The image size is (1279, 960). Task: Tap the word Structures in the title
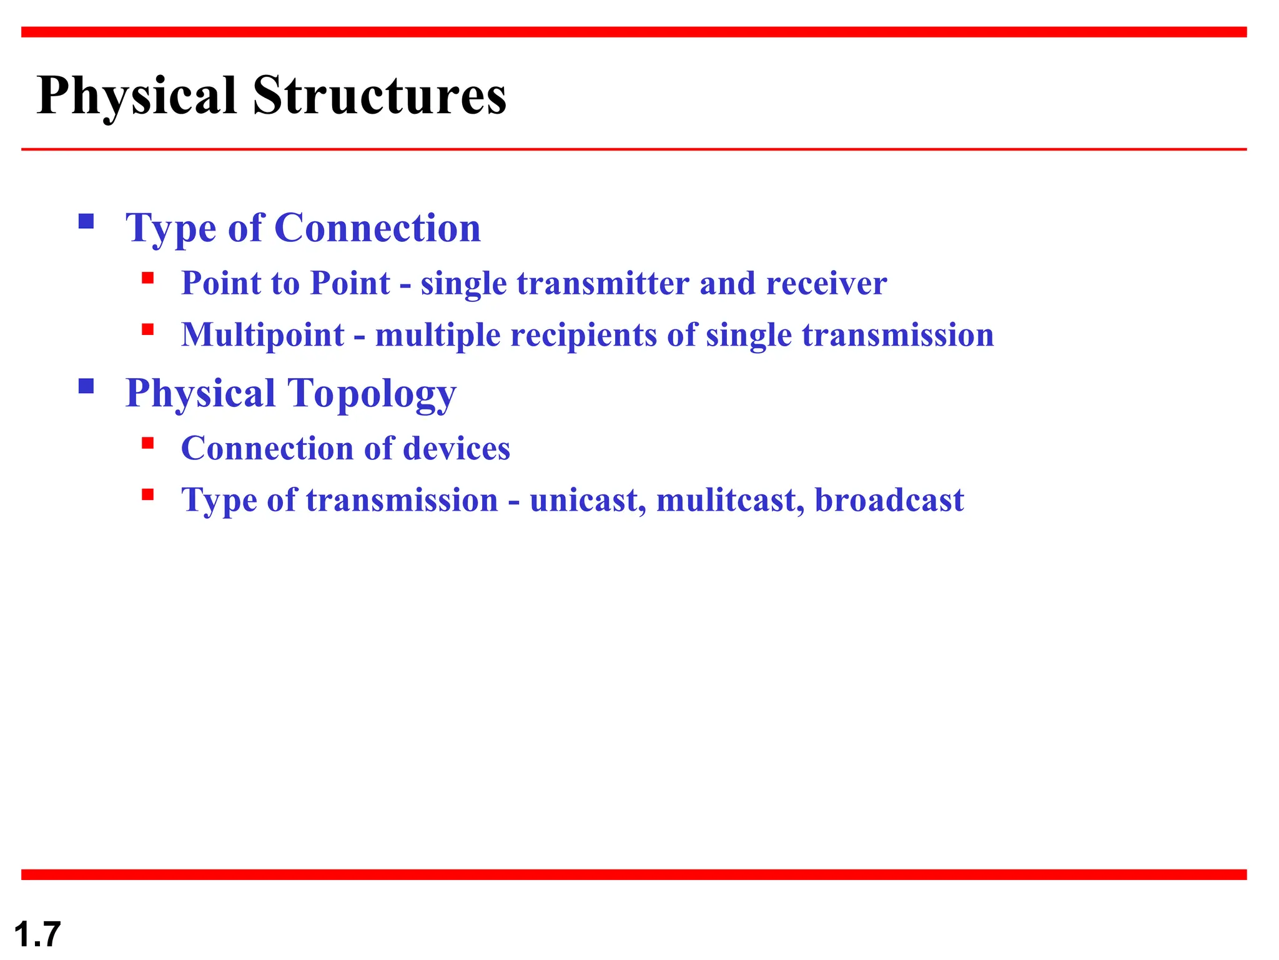click(x=379, y=96)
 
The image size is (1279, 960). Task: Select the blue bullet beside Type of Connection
click(x=86, y=221)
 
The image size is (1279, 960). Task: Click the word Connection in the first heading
click(x=377, y=227)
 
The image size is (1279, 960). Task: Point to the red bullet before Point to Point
click(x=148, y=277)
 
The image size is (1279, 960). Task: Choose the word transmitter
click(x=603, y=283)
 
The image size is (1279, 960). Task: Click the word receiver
click(x=826, y=283)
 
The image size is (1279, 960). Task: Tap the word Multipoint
click(x=262, y=335)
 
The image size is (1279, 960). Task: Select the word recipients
click(x=583, y=335)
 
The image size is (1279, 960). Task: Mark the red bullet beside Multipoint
click(x=148, y=329)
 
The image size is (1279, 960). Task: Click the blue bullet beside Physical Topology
click(x=86, y=386)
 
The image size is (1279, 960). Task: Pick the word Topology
click(x=372, y=394)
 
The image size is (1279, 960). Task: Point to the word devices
click(x=457, y=449)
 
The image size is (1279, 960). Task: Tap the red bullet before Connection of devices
click(x=148, y=443)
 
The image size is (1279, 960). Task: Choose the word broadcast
click(x=889, y=500)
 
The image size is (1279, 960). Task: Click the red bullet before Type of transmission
click(x=148, y=495)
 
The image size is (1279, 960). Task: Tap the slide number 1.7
click(x=37, y=934)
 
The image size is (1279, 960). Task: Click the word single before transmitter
click(x=463, y=284)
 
